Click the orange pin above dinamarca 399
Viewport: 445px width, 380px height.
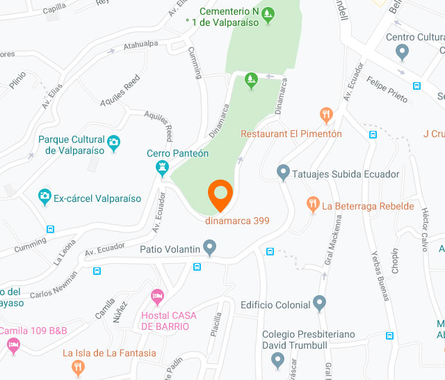coord(220,193)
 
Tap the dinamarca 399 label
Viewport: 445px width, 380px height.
coord(237,221)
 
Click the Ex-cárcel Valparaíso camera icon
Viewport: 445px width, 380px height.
coord(45,198)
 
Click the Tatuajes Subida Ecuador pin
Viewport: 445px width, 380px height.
coord(283,172)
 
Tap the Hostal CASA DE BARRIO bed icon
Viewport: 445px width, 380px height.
coord(158,296)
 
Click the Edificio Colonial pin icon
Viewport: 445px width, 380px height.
coord(319,303)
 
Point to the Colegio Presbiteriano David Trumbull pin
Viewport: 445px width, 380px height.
coord(277,360)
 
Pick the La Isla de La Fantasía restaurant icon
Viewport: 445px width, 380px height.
coord(79,367)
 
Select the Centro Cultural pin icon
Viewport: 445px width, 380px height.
coord(401,51)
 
